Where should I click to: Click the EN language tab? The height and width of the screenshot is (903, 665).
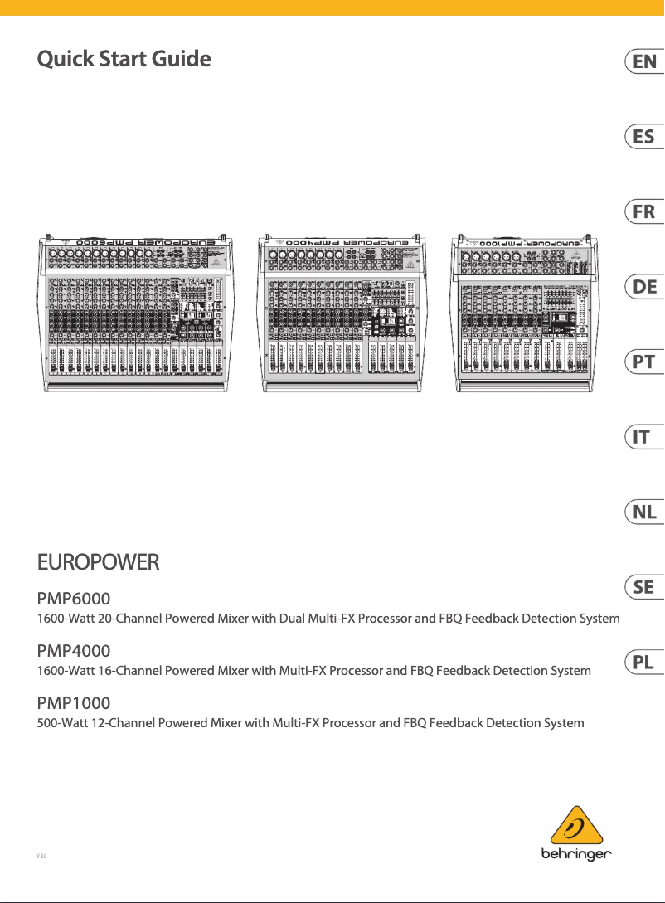coord(643,61)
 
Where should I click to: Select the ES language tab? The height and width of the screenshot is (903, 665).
coord(643,137)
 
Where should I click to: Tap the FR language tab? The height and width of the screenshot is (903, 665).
coord(643,212)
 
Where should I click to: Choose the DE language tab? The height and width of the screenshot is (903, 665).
coord(643,287)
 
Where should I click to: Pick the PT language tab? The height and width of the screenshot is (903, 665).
coord(643,362)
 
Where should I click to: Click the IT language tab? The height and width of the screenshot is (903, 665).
coord(643,437)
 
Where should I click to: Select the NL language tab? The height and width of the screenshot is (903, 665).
coord(643,512)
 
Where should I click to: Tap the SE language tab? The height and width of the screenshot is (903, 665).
coord(643,587)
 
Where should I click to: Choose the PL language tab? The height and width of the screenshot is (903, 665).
coord(643,663)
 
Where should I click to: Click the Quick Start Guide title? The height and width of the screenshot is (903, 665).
coord(124,59)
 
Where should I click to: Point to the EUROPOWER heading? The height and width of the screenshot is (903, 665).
coord(98,563)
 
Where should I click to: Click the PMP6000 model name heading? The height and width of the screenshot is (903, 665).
coord(74,598)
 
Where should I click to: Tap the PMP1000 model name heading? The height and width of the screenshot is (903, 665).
coord(74,703)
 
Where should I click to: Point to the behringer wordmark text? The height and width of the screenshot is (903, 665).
coord(579,854)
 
